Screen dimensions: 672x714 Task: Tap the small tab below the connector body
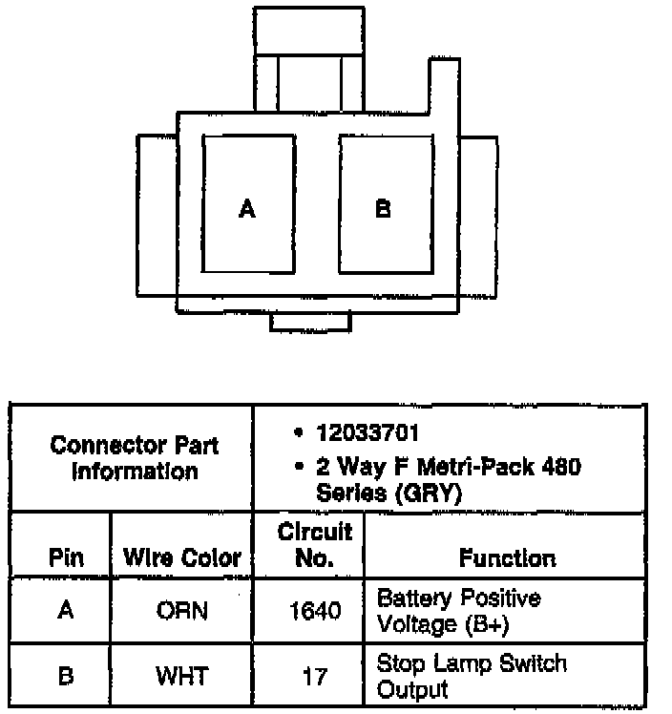click(x=310, y=323)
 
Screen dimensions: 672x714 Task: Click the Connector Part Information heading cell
click(x=133, y=458)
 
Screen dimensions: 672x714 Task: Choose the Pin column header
click(x=65, y=557)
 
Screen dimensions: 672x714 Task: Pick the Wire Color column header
click(x=182, y=557)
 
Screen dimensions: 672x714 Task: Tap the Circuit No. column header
click(x=314, y=544)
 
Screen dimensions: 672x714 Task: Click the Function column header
click(x=507, y=557)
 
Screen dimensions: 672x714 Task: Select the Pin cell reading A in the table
click(x=65, y=610)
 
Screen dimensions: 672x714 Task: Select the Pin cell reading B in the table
click(x=65, y=676)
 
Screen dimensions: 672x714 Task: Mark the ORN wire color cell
click(x=182, y=610)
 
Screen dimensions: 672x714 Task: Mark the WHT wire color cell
click(x=182, y=676)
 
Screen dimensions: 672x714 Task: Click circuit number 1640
click(x=314, y=610)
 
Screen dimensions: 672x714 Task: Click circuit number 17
click(x=314, y=676)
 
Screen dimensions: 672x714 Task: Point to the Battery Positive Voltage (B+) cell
click(x=459, y=611)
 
